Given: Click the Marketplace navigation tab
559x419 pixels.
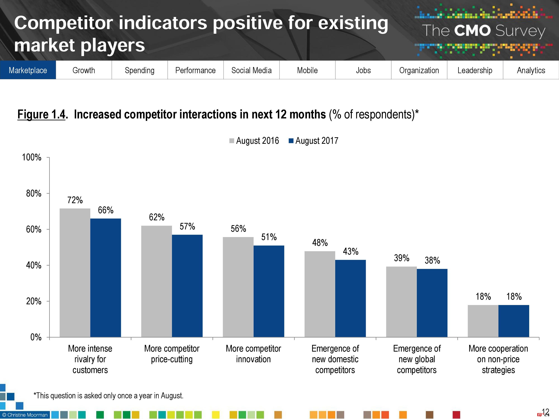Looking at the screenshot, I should point(28,70).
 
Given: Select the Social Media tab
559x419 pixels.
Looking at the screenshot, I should point(251,70).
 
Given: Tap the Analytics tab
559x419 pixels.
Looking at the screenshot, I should point(531,70).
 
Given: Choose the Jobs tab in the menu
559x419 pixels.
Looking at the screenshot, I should point(363,70).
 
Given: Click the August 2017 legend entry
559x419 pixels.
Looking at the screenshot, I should point(314,141).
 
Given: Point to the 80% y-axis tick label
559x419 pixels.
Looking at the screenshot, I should point(34,193).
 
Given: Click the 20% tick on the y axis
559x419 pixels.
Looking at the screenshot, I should point(34,301).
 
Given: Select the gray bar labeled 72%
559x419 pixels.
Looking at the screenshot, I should point(75,273).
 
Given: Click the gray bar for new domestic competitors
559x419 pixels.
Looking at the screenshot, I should point(320,294).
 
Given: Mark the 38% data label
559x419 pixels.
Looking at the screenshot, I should point(432,260).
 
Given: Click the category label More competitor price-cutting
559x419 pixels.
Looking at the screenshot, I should point(172,354).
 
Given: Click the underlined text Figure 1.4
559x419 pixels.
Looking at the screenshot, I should point(41,114).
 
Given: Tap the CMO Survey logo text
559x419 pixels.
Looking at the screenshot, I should point(483,31).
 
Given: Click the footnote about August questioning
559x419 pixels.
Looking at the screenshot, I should point(108,396).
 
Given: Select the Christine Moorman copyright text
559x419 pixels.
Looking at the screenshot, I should point(25,415).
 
